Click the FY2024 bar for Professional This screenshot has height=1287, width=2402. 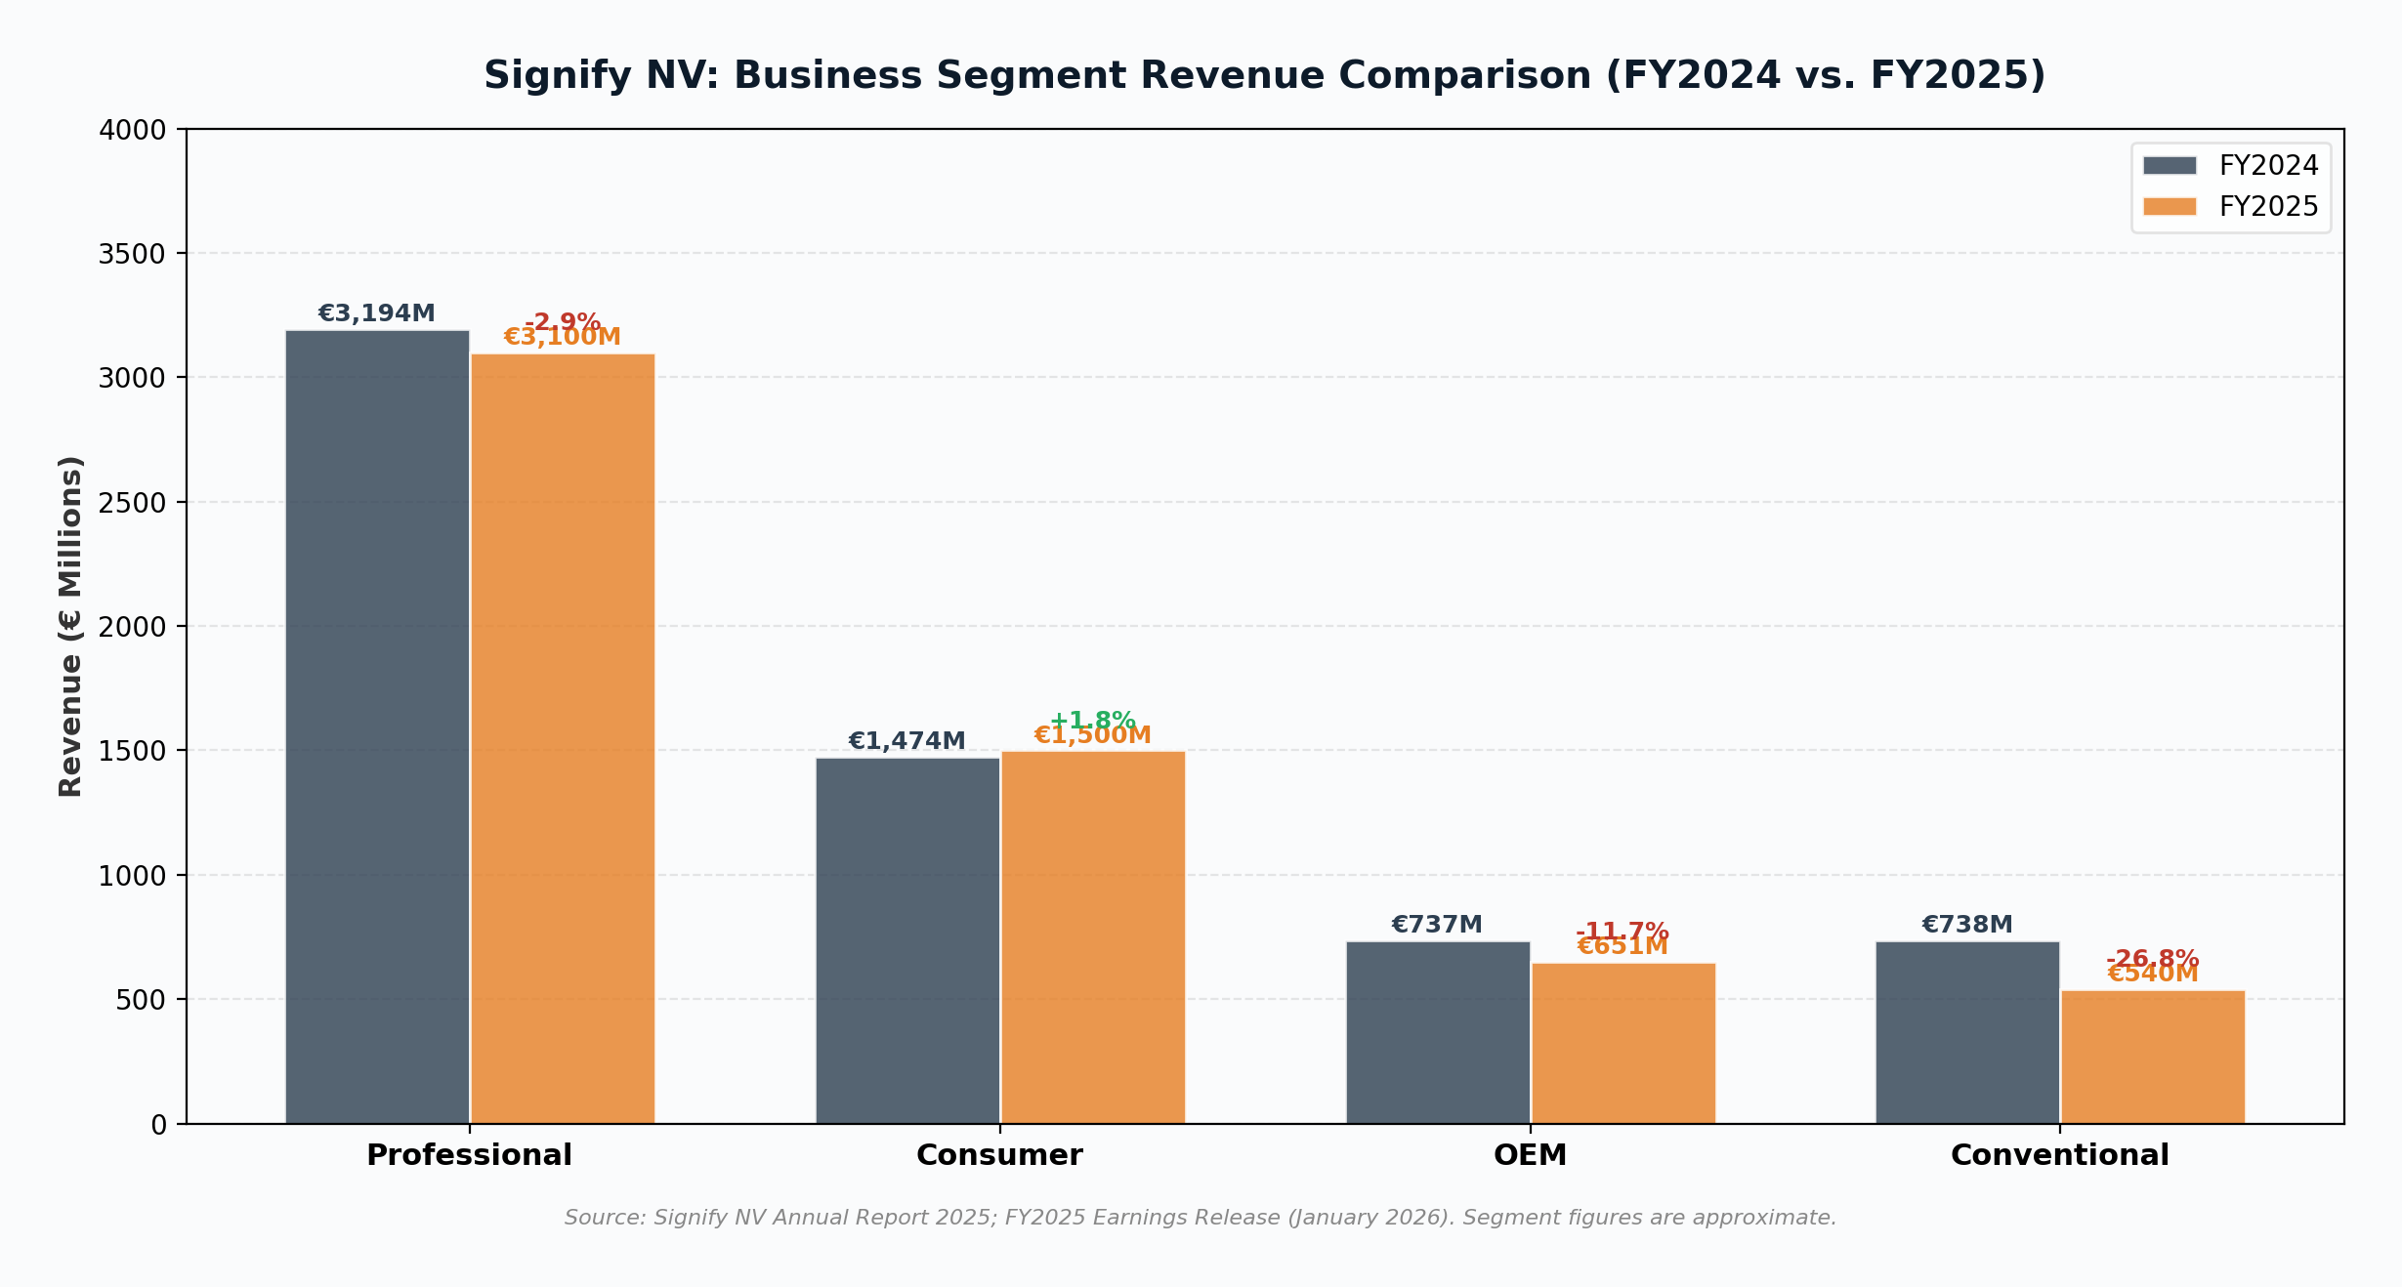[377, 727]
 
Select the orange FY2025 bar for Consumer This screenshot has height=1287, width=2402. [1093, 937]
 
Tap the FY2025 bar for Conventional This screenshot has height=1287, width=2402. [2153, 1058]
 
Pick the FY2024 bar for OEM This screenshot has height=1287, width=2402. [1438, 1032]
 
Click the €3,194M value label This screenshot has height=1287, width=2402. [376, 313]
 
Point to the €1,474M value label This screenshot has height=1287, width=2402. [906, 741]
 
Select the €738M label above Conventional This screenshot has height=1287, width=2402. [1967, 925]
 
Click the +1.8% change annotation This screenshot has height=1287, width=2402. [1092, 720]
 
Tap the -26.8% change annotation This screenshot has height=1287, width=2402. [2153, 957]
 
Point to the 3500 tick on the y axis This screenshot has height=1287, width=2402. [132, 254]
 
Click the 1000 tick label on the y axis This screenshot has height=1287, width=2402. [132, 876]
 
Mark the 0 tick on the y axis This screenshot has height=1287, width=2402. [159, 1125]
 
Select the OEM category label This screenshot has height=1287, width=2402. [1530, 1155]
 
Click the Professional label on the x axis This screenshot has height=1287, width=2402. [469, 1155]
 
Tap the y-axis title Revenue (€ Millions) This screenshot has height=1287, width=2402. [70, 626]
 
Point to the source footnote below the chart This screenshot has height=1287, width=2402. [1201, 1218]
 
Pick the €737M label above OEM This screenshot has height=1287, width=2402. [1437, 925]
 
